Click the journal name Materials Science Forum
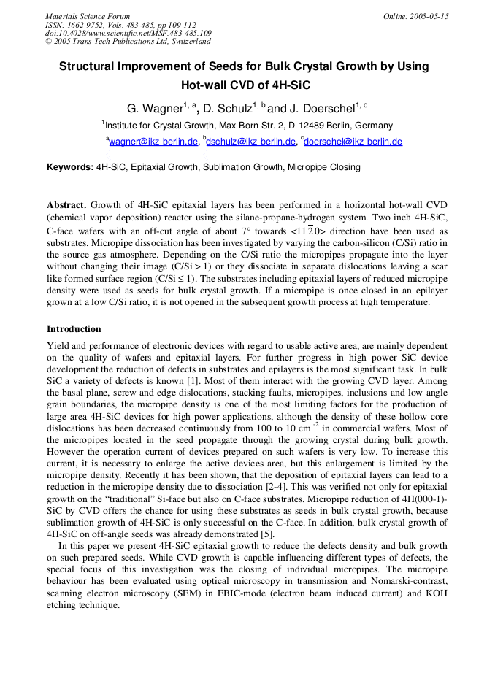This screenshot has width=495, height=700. click(88, 16)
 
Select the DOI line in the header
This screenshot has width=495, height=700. click(128, 33)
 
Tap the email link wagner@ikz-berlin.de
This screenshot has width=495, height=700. click(153, 142)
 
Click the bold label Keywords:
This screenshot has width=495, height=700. click(70, 167)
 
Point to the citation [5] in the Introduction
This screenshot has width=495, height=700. click(268, 534)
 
